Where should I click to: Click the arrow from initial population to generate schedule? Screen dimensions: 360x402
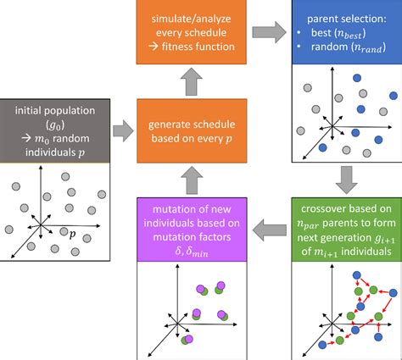pos(124,132)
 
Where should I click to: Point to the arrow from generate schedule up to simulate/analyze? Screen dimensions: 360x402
pos(193,83)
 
